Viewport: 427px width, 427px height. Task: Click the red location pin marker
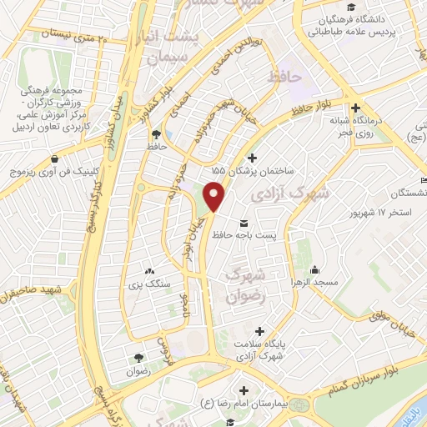[214, 196]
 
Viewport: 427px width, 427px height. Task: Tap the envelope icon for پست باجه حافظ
[244, 223]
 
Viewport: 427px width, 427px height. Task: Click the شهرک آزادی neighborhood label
[300, 193]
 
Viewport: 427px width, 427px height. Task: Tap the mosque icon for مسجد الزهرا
[314, 269]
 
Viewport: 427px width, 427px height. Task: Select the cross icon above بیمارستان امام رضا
[243, 390]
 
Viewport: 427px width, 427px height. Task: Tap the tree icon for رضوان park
[137, 358]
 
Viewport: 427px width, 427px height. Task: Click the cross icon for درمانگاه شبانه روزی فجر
[356, 108]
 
